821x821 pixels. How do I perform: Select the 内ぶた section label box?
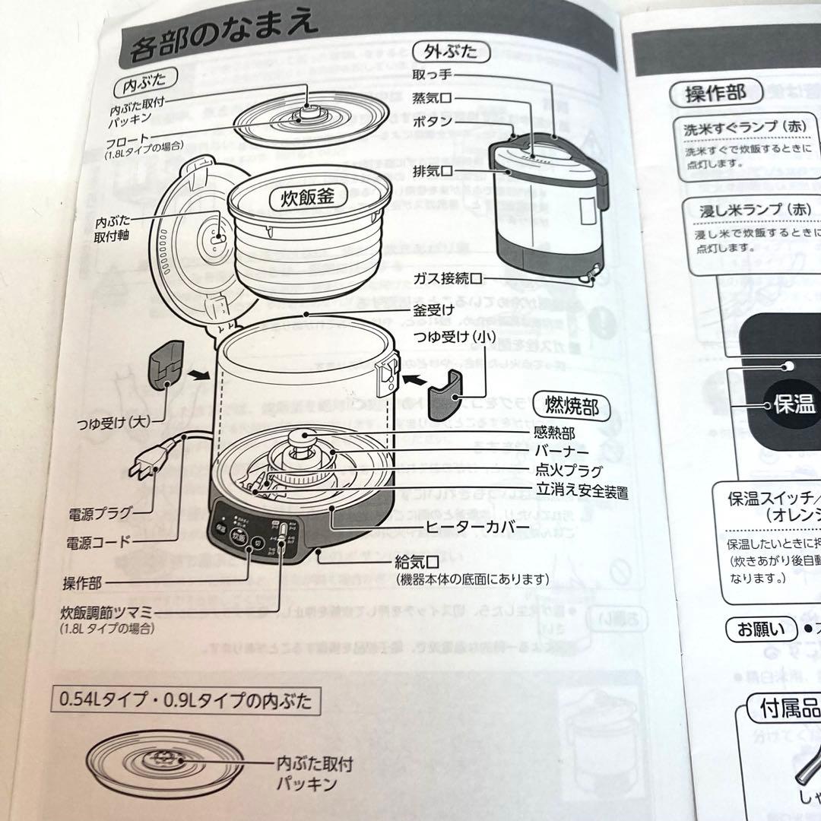[144, 78]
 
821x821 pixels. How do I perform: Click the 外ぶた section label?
[450, 52]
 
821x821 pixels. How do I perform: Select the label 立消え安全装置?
[582, 492]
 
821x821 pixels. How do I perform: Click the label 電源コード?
[97, 542]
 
